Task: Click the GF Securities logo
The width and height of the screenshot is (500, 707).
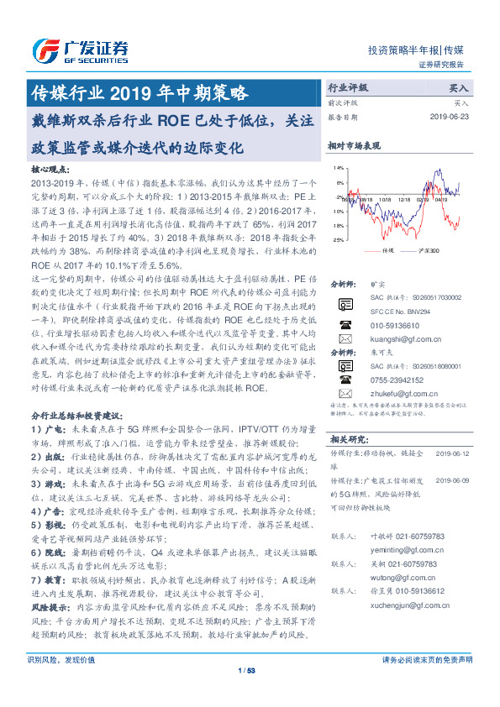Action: coord(80,48)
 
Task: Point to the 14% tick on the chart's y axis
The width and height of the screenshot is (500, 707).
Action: coord(339,167)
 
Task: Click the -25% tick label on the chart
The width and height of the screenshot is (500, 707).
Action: coord(338,239)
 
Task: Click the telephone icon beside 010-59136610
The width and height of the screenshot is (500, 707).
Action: coord(345,323)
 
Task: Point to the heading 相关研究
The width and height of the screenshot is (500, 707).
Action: coord(349,438)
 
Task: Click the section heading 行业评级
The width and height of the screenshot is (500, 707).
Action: coord(347,86)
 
